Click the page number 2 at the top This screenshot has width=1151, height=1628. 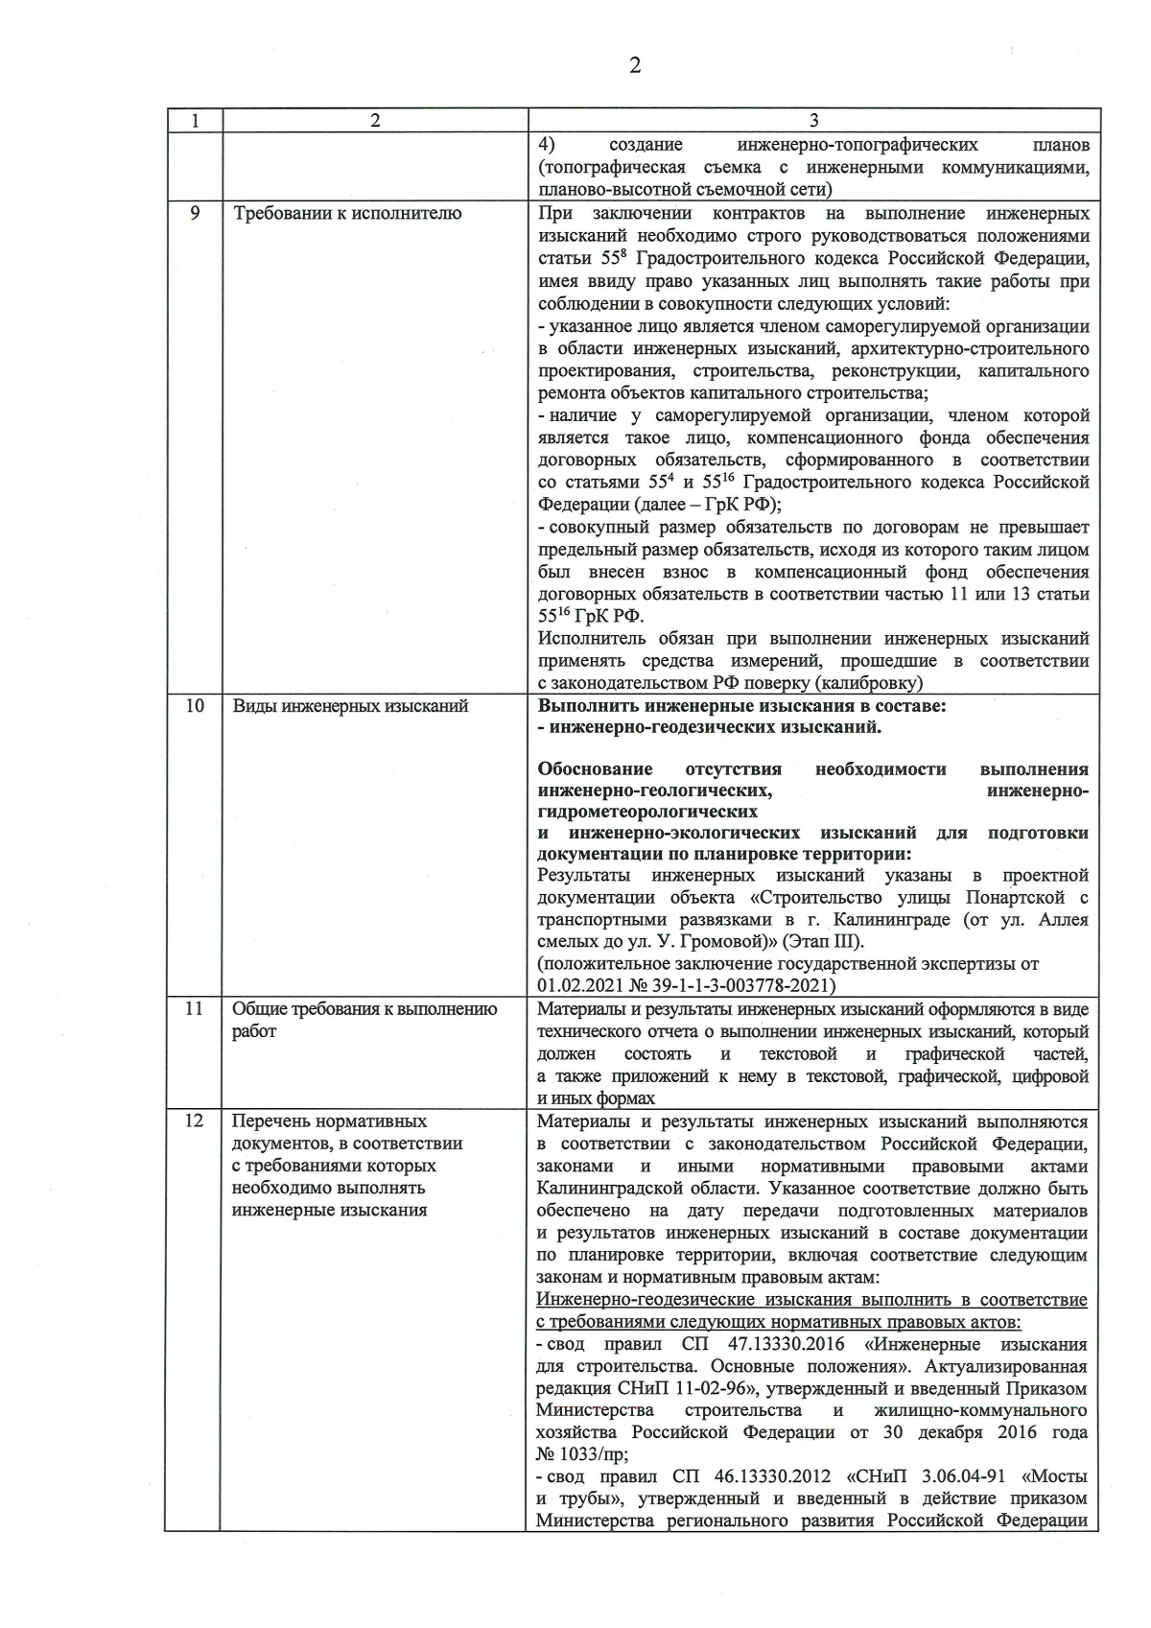(x=634, y=65)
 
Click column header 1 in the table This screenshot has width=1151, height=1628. (x=194, y=121)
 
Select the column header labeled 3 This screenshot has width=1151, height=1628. (x=813, y=121)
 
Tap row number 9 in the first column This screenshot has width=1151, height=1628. (x=194, y=213)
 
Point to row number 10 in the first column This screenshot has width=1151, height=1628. (x=194, y=706)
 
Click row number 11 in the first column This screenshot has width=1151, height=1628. (x=194, y=1009)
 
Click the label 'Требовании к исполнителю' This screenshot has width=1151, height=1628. (x=347, y=213)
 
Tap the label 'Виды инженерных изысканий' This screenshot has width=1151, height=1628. (x=350, y=706)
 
